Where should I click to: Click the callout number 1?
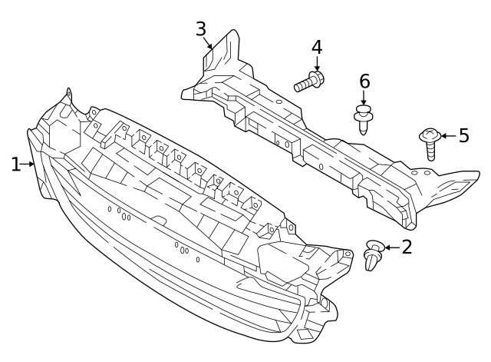coord(15,164)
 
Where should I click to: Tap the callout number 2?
coord(407,247)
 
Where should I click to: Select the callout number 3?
coord(201,29)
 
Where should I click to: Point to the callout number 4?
coord(317,47)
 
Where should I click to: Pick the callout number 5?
coord(463,136)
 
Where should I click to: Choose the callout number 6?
coord(364,81)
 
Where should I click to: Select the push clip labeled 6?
coord(363,118)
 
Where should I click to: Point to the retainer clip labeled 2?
coord(373,256)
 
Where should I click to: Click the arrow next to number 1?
coord(29,164)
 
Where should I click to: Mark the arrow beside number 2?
coord(390,247)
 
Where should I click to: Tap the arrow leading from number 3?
coord(209,45)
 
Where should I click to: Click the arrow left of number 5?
coord(447,137)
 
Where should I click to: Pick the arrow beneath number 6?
coord(364,98)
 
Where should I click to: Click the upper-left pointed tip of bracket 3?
coord(232,32)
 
